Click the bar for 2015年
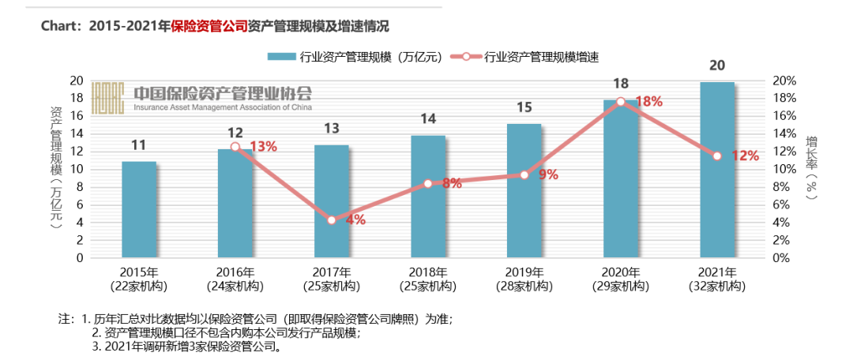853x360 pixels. coord(139,209)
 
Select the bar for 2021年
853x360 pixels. coord(716,170)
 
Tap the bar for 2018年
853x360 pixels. coord(428,197)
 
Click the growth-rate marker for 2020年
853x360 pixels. coord(620,101)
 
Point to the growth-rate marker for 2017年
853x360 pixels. coord(331,220)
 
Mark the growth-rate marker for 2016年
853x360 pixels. coord(235,147)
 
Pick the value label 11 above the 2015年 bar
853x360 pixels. coord(139,144)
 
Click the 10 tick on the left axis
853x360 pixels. coord(77,169)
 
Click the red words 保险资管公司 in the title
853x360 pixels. coord(209,26)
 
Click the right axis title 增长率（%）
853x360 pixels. coord(811,170)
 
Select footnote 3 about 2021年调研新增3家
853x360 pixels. coord(188,347)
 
